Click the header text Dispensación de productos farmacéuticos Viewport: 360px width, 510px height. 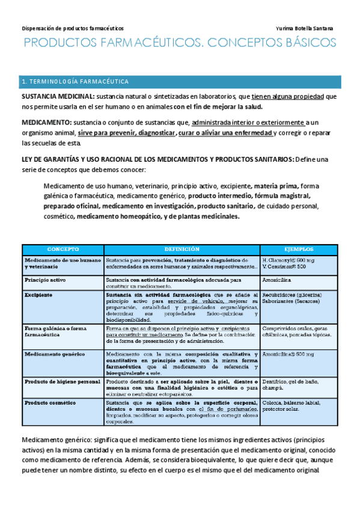[73, 28]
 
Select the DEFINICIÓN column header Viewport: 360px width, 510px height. [181, 248]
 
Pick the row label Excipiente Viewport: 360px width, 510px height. [38, 295]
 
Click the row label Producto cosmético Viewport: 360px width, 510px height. [50, 401]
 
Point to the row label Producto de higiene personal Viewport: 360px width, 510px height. [61, 381]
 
